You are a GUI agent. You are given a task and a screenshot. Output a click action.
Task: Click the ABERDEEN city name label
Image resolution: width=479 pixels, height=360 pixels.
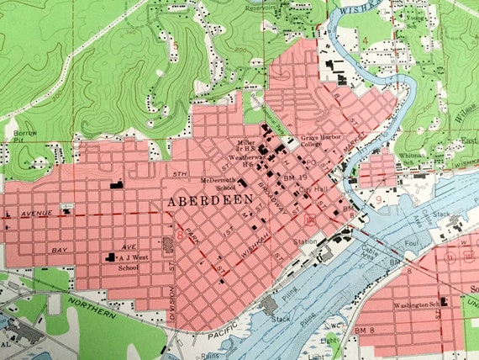click(x=204, y=203)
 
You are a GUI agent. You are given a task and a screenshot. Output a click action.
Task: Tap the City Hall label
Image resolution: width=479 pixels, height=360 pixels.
click(x=317, y=191)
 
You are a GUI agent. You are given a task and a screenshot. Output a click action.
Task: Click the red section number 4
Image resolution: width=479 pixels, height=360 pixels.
click(x=366, y=40)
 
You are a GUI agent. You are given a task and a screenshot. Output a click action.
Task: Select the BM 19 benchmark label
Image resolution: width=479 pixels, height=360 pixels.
click(x=293, y=179)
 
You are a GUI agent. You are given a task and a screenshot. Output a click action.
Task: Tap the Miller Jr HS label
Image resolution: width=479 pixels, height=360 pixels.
click(x=245, y=147)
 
